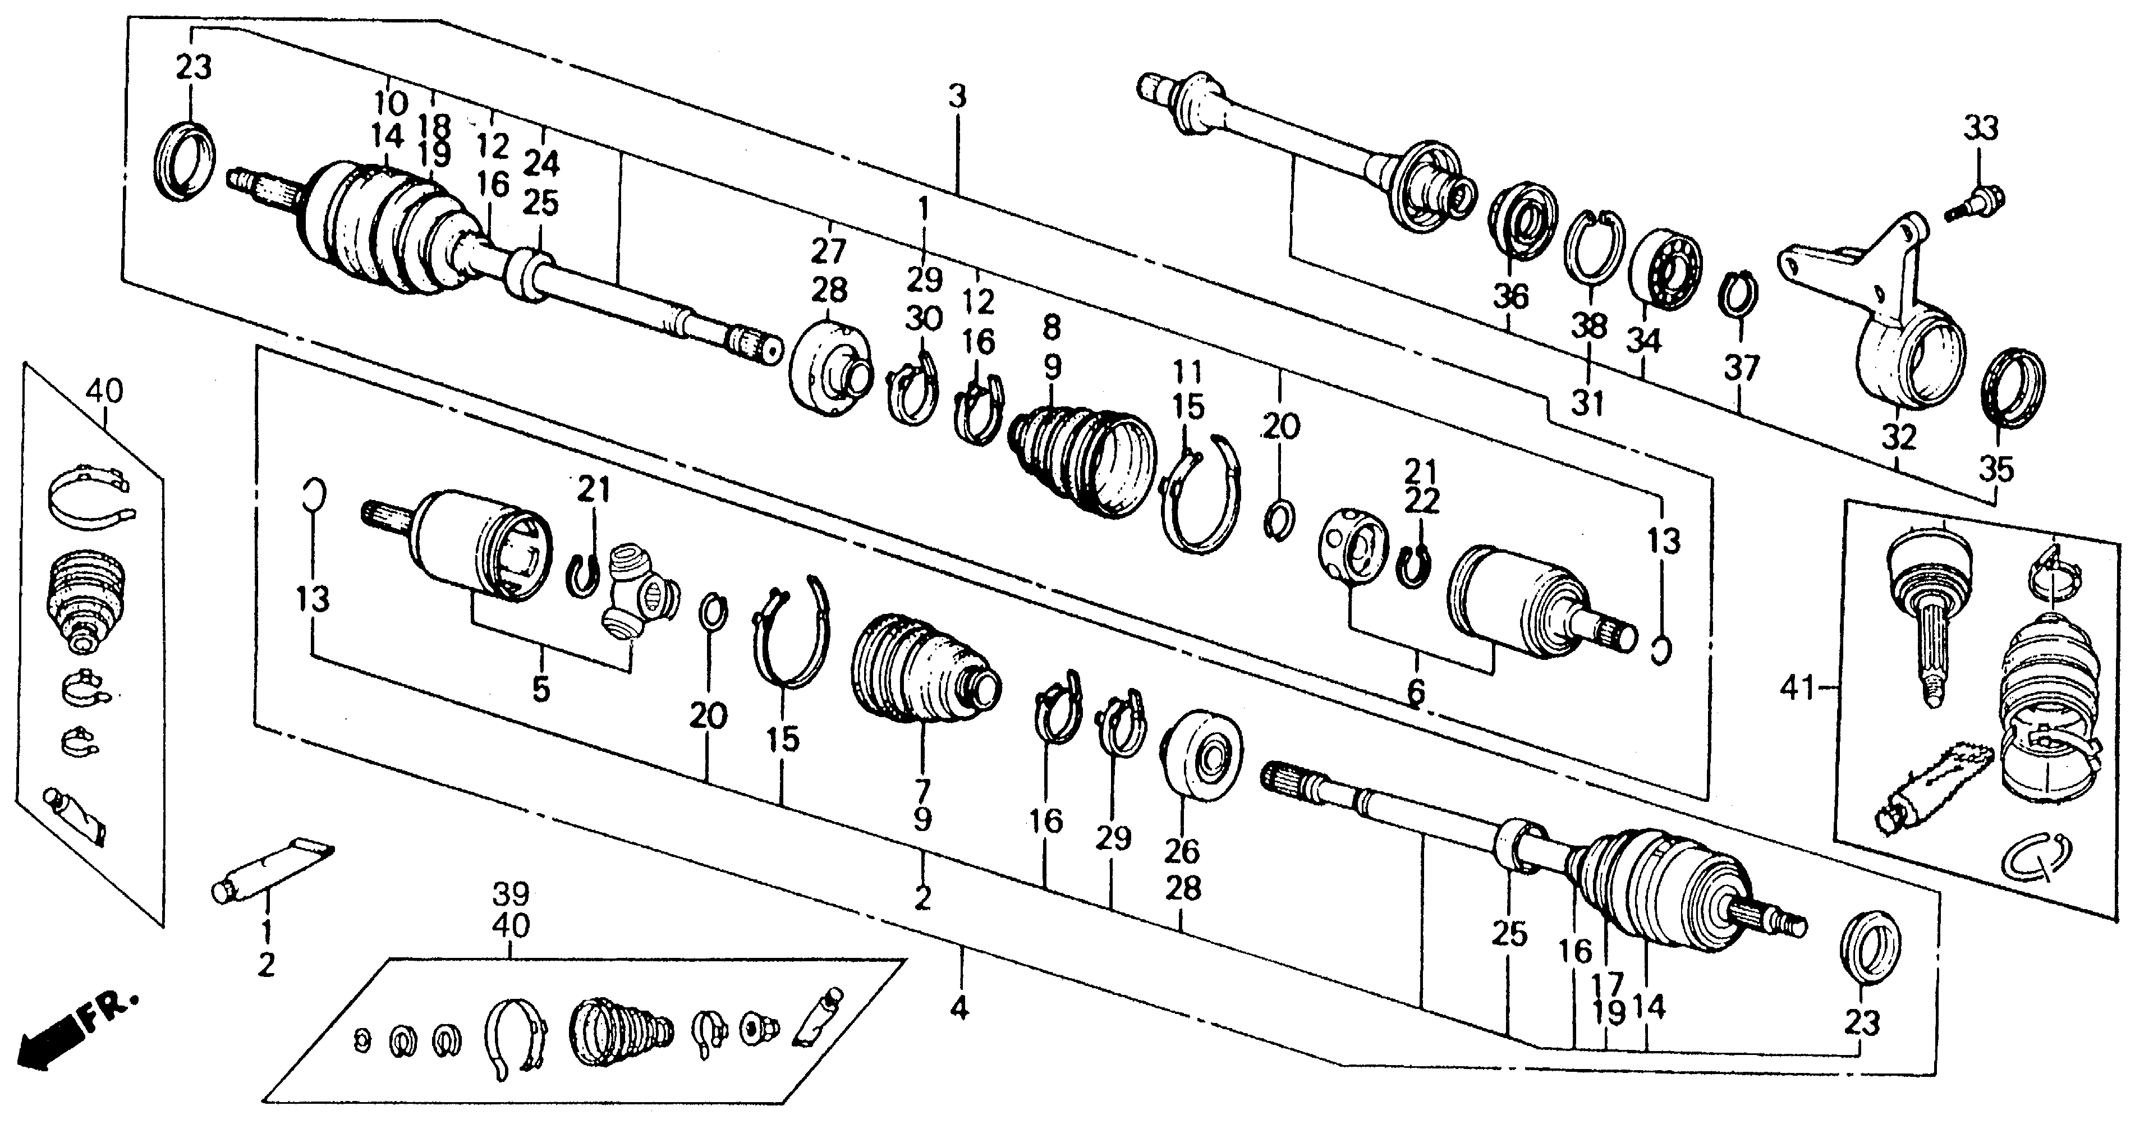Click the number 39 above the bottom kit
511,895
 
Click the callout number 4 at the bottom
959,1009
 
